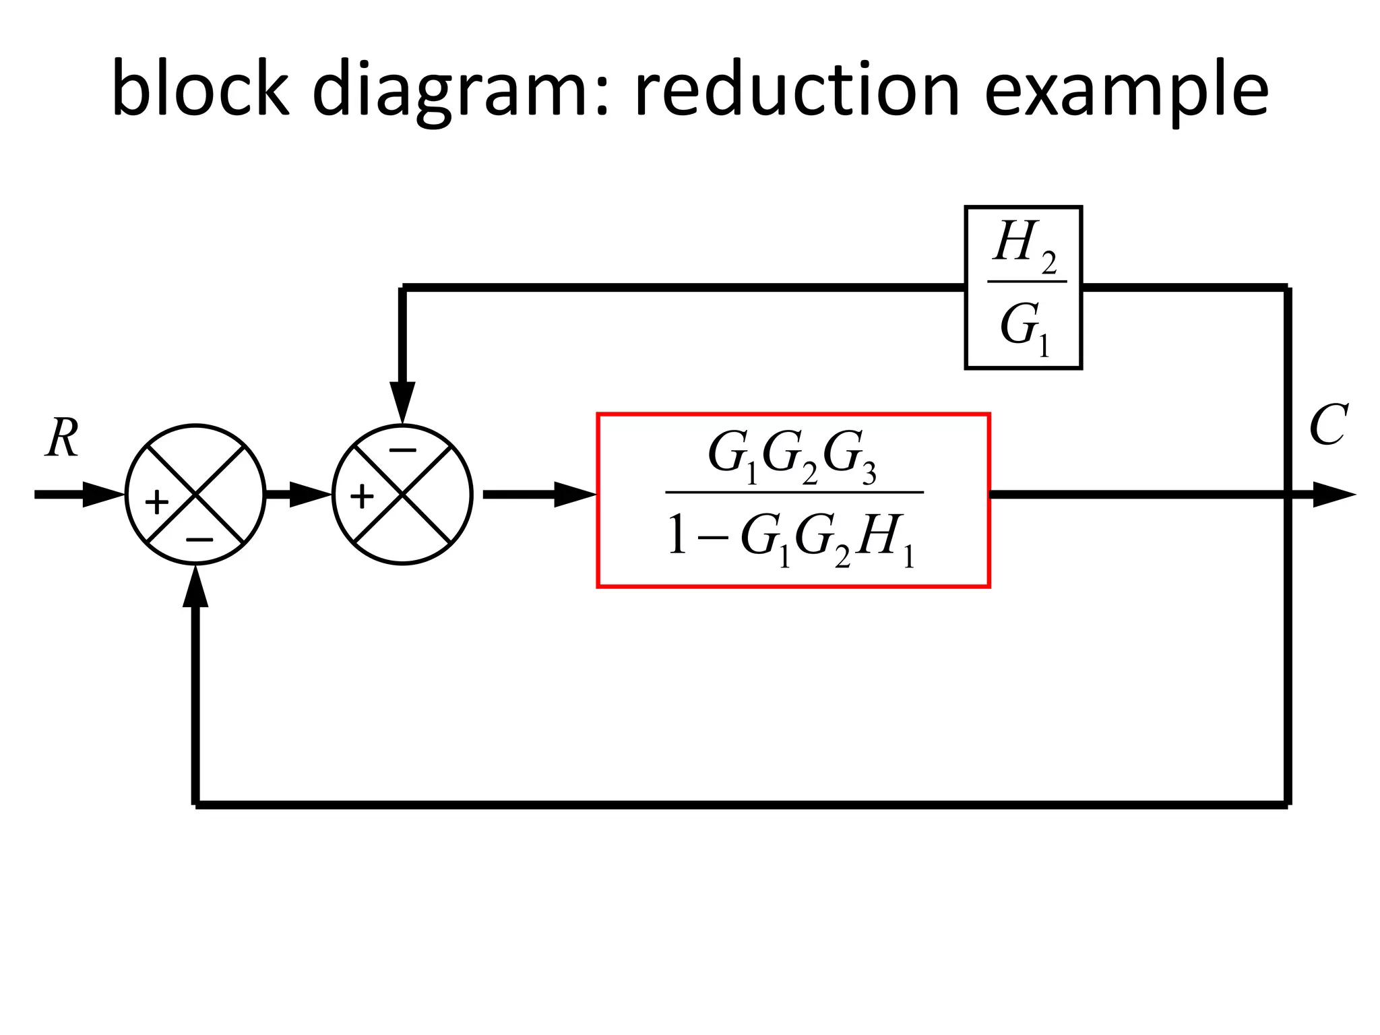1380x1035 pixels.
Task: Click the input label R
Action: tap(62, 439)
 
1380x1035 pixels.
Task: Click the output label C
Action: tap(1327, 425)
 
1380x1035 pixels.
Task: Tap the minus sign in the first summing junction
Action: tap(199, 540)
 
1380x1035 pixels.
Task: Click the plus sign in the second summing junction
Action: tap(362, 497)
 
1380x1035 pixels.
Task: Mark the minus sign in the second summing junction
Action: tap(403, 450)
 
